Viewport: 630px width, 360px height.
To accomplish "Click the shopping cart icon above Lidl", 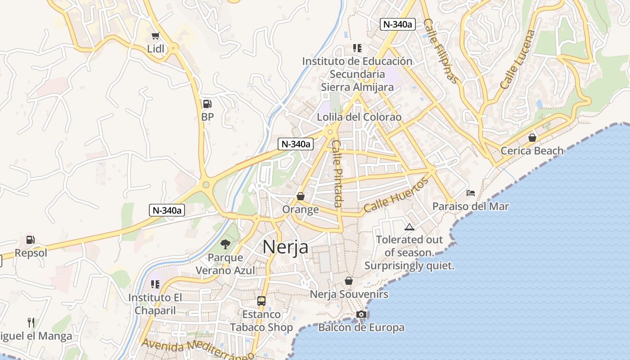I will coord(156,36).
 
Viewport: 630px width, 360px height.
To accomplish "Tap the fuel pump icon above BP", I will coord(207,104).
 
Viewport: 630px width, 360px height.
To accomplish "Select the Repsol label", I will coord(31,253).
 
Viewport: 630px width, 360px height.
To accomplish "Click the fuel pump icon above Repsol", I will coord(31,240).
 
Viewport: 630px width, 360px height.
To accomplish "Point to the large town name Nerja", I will coord(285,247).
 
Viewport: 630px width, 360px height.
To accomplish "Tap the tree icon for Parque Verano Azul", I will coord(225,244).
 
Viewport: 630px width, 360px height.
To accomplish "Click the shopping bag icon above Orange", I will coord(301,196).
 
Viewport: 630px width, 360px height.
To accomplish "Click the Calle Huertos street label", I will coord(396,196).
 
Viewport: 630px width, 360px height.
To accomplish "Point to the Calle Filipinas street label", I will coord(441,51).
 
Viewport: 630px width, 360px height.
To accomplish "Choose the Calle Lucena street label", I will coord(517,59).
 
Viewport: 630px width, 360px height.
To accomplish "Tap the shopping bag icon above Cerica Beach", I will coord(532,137).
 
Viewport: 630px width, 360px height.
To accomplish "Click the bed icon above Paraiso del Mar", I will coord(471,193).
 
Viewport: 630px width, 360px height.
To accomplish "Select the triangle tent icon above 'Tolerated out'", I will coord(409,227).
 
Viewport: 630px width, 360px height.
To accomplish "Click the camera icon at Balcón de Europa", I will coord(361,314).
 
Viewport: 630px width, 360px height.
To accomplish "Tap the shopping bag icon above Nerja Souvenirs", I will coord(349,281).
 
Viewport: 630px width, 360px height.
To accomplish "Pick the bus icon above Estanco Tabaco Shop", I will coord(261,301).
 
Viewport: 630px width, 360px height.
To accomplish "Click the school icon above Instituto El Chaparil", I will coord(155,284).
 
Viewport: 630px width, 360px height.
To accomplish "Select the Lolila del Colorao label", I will coord(359,117).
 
